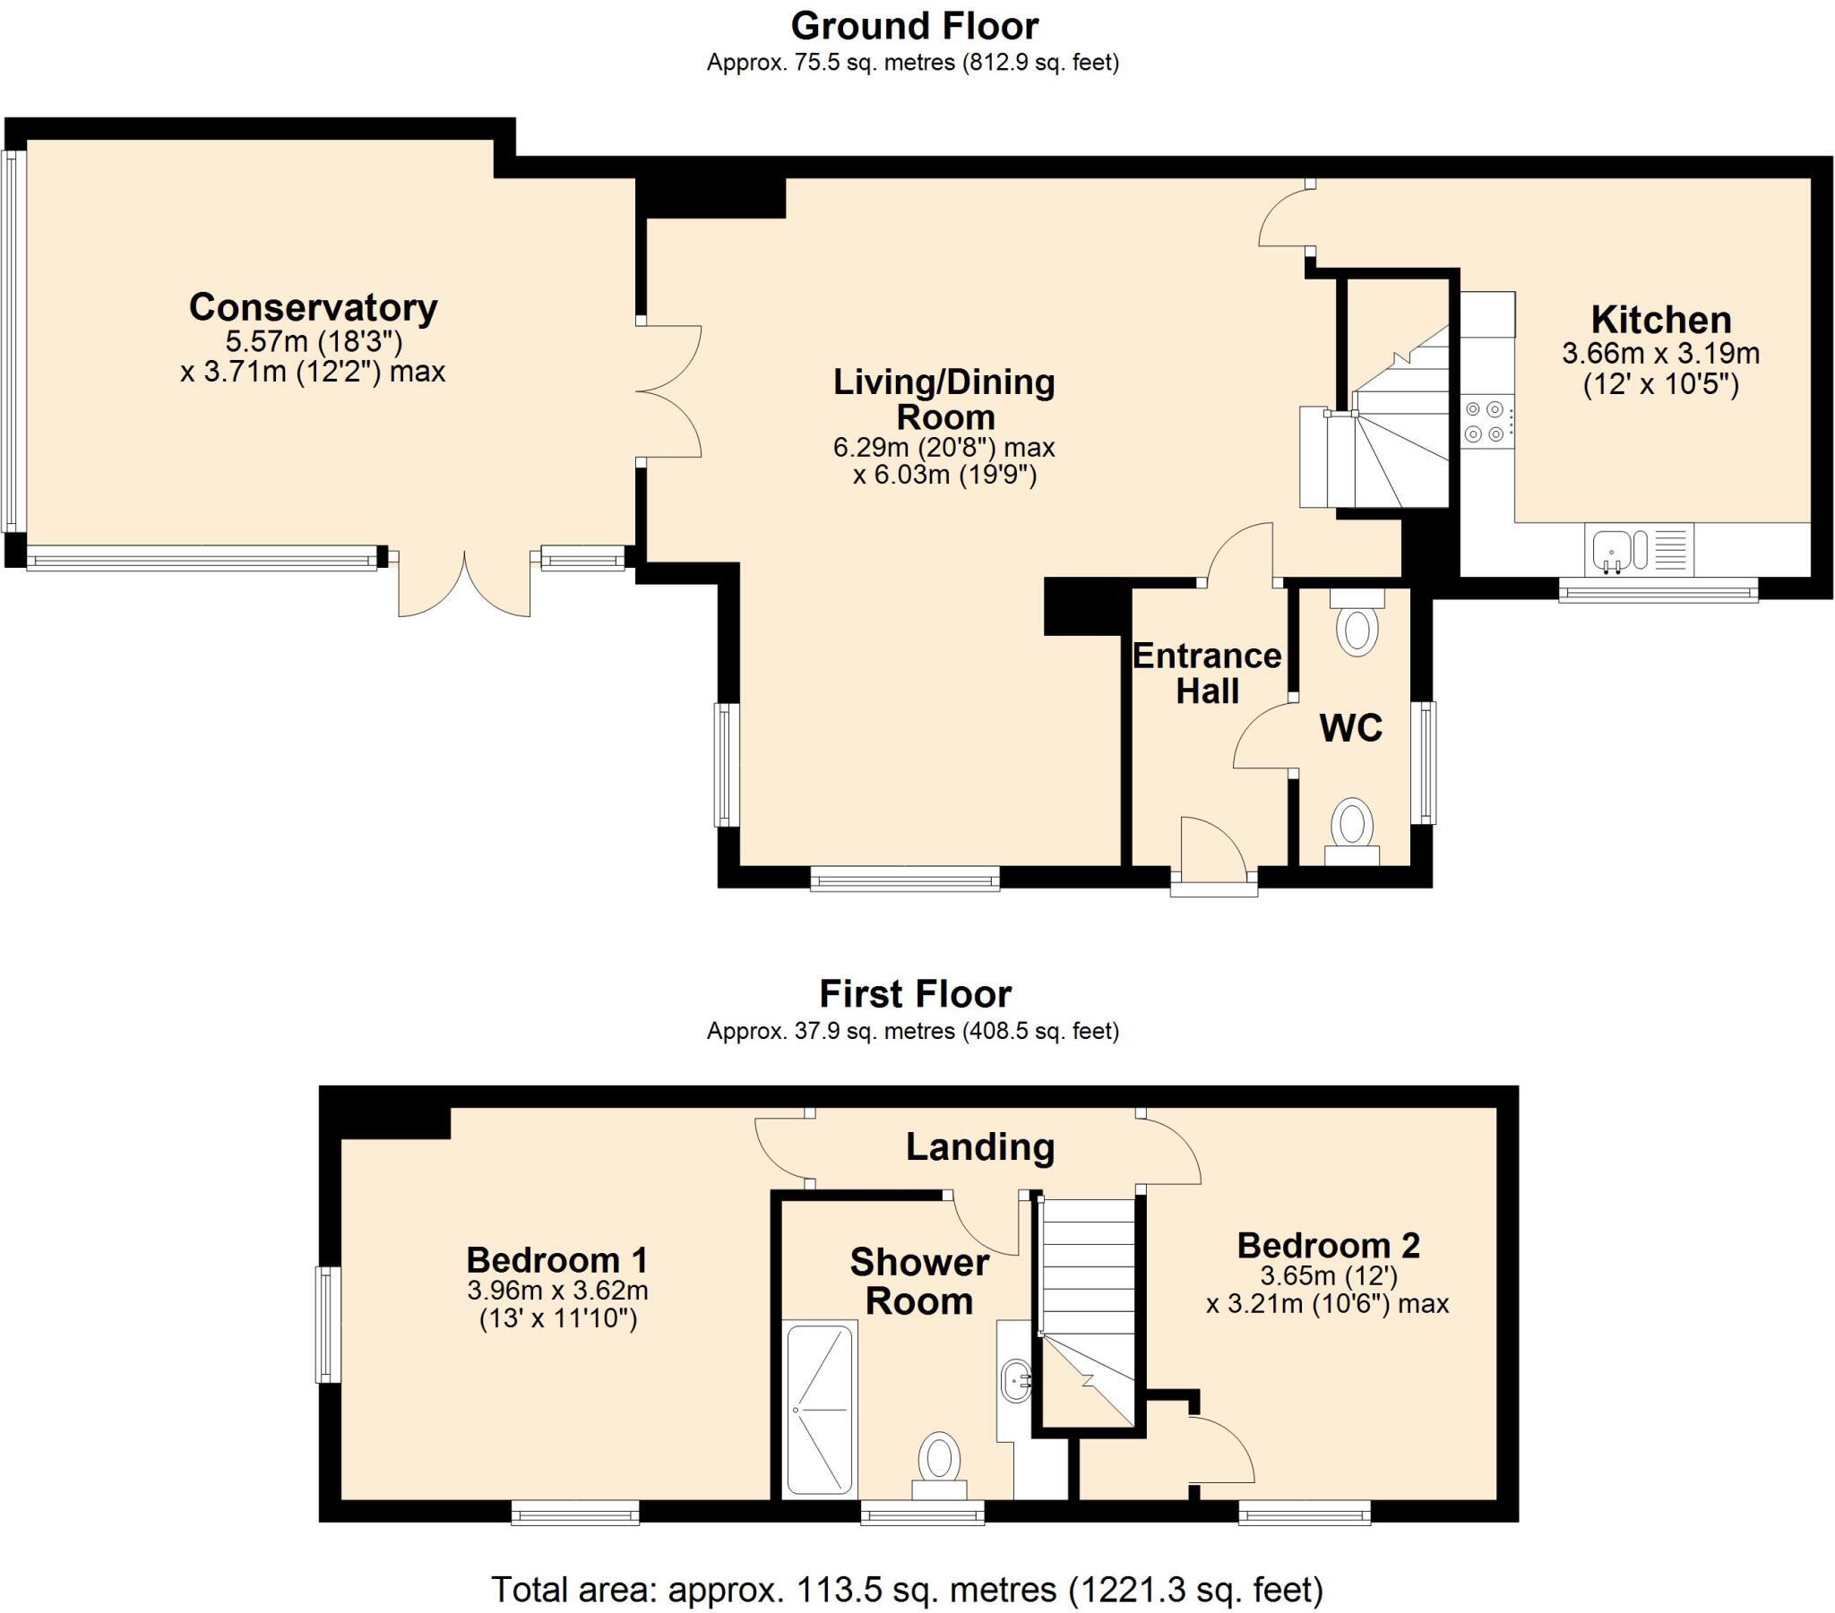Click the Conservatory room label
coord(314,308)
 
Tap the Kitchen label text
coord(1661,321)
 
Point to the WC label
coord(1350,728)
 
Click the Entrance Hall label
coord(1207,674)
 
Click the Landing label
coord(979,1148)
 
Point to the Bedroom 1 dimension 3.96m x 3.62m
coord(557,1291)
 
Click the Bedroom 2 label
coord(1328,1246)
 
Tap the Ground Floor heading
coord(914,27)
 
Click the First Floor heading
coord(915,994)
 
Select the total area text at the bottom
coord(907,1590)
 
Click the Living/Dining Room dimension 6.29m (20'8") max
coord(943,447)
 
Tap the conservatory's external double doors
coord(464,582)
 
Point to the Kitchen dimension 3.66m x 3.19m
coord(1661,353)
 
